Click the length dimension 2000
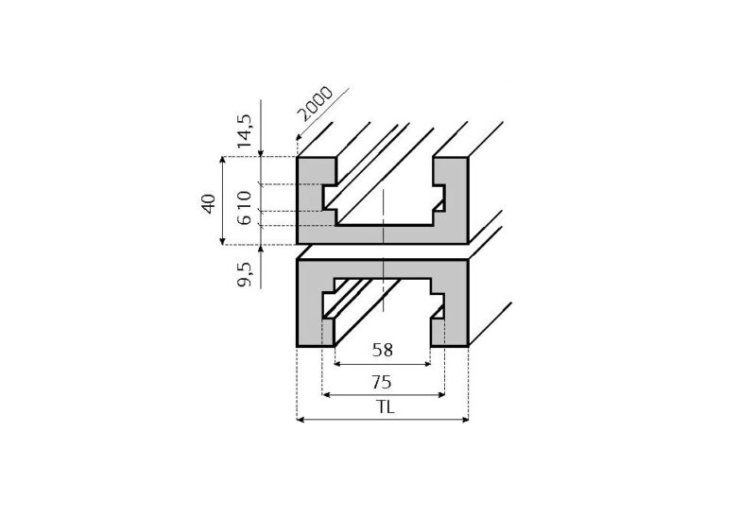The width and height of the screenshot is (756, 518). click(x=315, y=105)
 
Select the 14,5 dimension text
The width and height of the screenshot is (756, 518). click(x=245, y=131)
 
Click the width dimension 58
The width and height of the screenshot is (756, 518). click(x=383, y=350)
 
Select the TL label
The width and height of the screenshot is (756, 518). click(x=383, y=408)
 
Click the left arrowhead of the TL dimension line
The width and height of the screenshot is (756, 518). click(x=301, y=420)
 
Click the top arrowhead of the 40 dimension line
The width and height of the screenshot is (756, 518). click(x=223, y=162)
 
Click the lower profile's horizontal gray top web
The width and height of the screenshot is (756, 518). click(x=383, y=268)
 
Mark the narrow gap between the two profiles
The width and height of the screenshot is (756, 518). click(x=383, y=250)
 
